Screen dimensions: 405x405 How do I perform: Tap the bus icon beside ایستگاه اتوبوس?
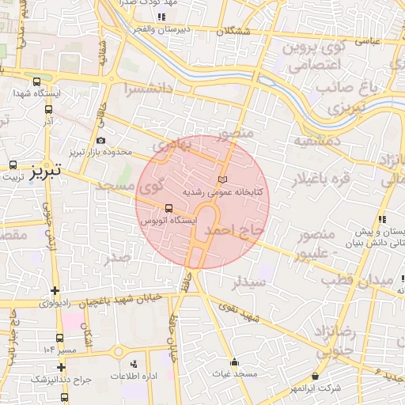point(168,210)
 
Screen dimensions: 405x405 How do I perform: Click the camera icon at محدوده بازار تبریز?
point(100,140)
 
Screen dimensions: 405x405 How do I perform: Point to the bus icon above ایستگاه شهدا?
point(36,81)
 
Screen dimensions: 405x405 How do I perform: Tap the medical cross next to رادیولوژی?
point(54,290)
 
